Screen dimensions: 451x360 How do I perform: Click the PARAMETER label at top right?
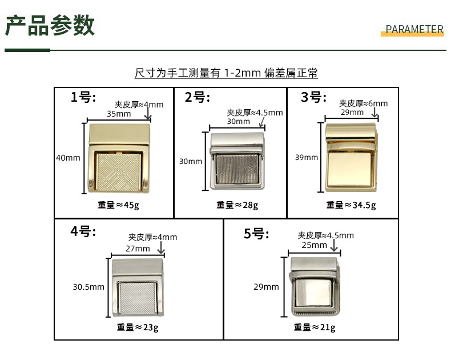click(x=414, y=30)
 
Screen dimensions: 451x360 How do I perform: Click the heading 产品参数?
click(x=50, y=26)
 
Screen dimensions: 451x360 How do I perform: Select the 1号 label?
click(x=83, y=97)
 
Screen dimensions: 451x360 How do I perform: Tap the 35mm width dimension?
click(x=118, y=114)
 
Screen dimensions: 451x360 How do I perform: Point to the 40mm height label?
click(x=68, y=158)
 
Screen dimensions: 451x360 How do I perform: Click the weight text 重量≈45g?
click(x=118, y=205)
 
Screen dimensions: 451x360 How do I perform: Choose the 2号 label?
click(x=198, y=97)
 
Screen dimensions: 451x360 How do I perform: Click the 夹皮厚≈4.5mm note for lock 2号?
click(x=255, y=113)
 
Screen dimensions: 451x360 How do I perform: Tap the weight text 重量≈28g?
click(x=237, y=205)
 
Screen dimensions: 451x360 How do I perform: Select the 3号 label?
click(x=313, y=97)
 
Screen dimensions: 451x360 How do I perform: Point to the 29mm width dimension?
click(x=352, y=112)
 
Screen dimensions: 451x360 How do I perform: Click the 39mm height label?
click(x=307, y=157)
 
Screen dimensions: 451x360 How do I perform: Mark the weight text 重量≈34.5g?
click(x=351, y=205)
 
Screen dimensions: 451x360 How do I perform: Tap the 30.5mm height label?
click(x=88, y=287)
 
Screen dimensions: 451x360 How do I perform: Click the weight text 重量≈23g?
click(x=138, y=327)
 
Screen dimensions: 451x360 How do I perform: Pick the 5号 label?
click(x=256, y=233)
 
